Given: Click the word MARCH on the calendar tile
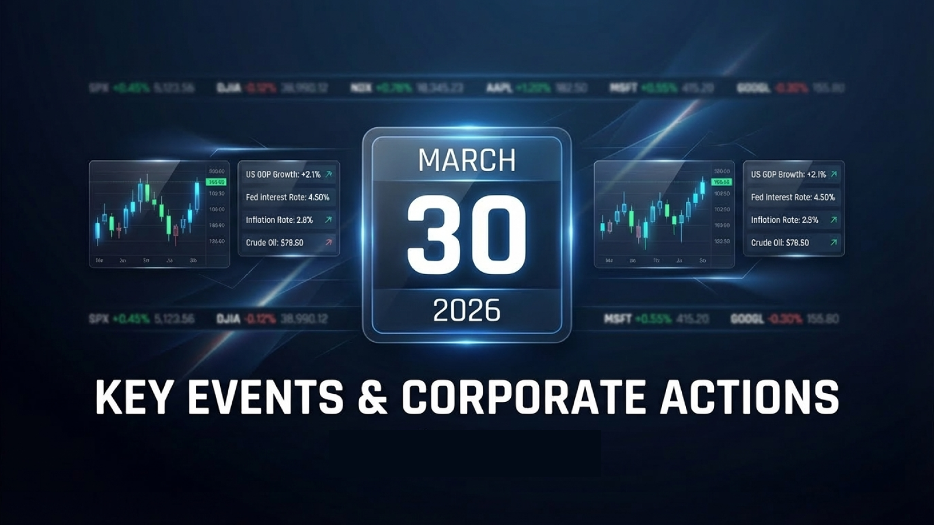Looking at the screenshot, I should point(467,160).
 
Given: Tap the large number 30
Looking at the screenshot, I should point(467,235).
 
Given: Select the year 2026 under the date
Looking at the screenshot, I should point(467,310).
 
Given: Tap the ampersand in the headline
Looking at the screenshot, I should point(372,398).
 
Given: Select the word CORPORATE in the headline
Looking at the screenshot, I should point(523,398).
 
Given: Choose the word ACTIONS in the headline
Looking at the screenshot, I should point(750,398).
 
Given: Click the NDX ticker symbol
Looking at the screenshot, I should point(361,88).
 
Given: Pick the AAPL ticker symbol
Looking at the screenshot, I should point(499,88).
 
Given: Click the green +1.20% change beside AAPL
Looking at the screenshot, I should point(532,88).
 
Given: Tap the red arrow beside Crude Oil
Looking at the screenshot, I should point(329,242).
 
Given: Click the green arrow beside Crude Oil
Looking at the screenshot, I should point(834,242).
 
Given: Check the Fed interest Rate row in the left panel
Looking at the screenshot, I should point(287,197).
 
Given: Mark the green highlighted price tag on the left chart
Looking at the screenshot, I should point(217,182).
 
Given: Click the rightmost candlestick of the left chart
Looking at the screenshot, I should point(197,196).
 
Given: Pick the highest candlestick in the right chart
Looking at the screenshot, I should point(702,188).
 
